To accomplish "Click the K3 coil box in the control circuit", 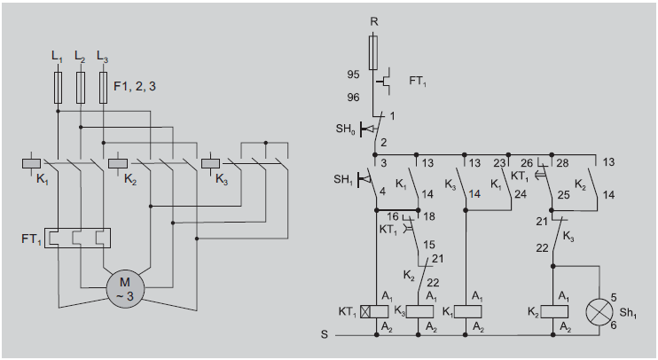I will [419, 311].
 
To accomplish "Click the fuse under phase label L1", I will [59, 88].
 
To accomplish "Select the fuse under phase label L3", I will [104, 88].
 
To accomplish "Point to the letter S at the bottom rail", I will [325, 335].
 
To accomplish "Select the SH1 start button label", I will [343, 180].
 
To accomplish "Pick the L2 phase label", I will [80, 57].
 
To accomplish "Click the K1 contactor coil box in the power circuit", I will [31, 163].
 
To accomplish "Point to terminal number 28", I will [561, 163].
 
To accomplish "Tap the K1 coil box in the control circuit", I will [466, 311].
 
